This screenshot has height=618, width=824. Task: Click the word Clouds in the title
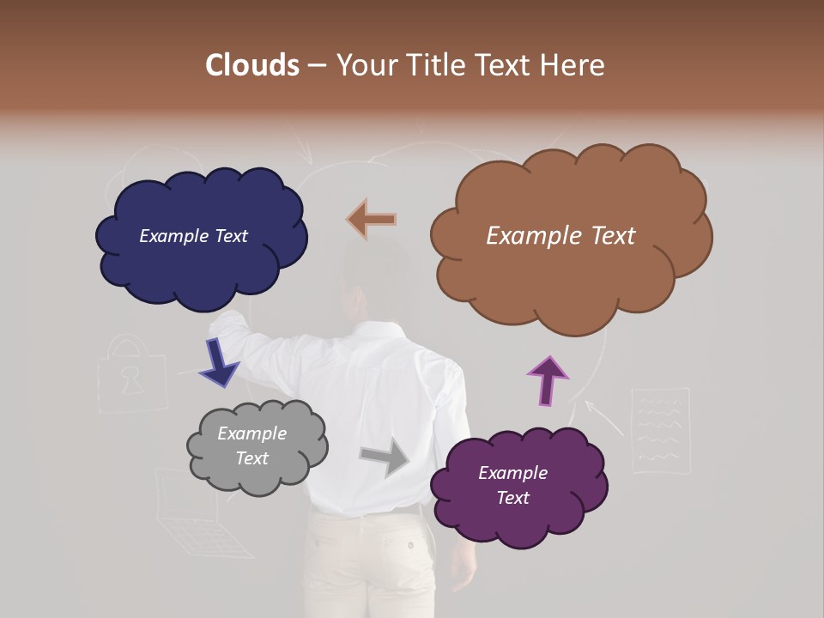click(252, 65)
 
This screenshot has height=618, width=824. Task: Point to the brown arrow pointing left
click(372, 220)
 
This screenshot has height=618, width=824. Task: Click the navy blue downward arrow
click(218, 363)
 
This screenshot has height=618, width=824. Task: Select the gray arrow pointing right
click(385, 457)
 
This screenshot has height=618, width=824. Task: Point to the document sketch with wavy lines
click(660, 429)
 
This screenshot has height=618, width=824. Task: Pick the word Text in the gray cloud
click(252, 458)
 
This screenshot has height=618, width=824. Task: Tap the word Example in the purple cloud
click(512, 473)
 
